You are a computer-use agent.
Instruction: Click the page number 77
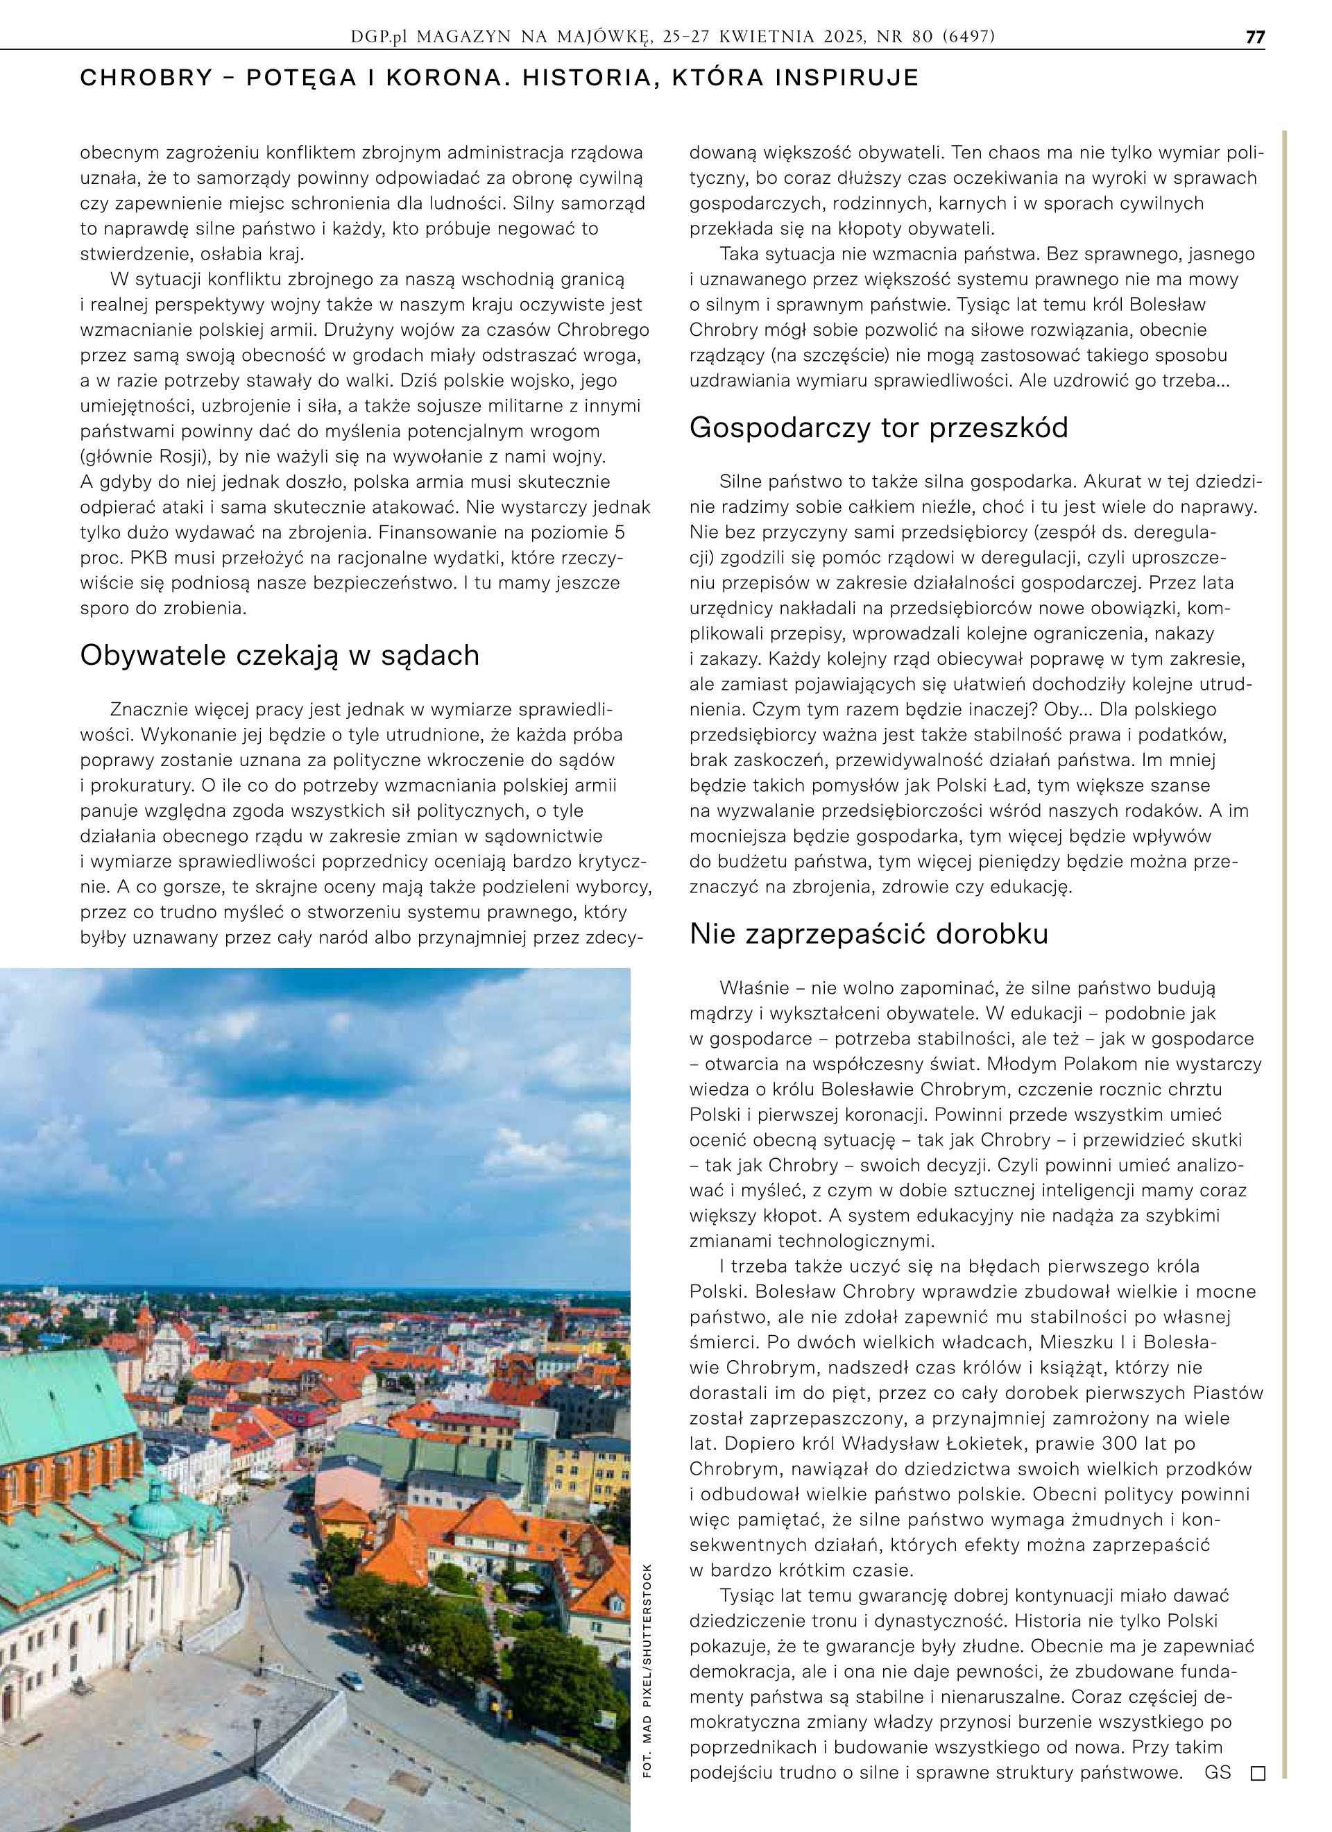tap(1254, 37)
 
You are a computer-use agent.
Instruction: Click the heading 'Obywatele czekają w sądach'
tap(280, 655)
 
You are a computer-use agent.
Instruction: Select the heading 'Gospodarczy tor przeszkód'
tap(878, 427)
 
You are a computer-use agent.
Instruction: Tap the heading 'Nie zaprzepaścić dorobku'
tap(869, 934)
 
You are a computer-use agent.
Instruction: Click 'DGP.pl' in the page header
tap(382, 37)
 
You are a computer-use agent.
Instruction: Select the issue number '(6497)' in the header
tap(968, 37)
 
